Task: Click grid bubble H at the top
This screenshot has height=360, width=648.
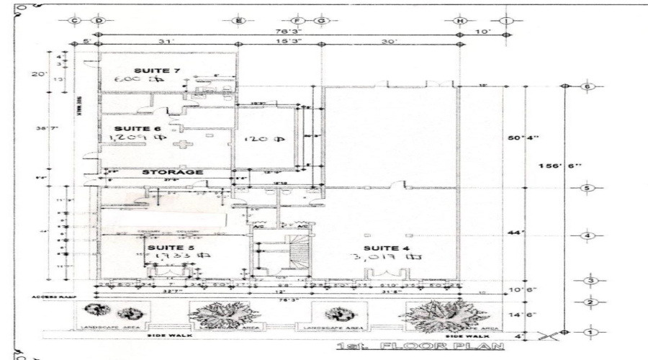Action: (459, 21)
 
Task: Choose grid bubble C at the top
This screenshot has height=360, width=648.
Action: (75, 21)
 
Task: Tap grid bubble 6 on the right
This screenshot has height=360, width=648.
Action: (588, 86)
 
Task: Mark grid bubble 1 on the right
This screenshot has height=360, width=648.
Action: (588, 332)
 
